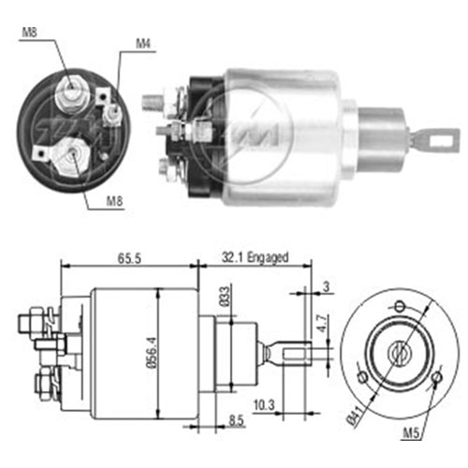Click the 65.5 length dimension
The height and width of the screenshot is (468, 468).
(129, 258)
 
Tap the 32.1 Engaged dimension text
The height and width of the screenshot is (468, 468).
(255, 257)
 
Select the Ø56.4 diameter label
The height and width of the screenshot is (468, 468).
(152, 352)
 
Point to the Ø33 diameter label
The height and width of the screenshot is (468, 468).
(225, 297)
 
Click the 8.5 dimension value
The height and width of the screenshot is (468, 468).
(236, 420)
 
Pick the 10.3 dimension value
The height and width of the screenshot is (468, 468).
(264, 405)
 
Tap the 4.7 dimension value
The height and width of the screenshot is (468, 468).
(322, 323)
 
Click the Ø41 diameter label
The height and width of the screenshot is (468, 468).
(355, 415)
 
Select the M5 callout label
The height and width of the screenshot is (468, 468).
(411, 432)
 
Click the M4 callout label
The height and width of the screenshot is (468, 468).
(143, 43)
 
